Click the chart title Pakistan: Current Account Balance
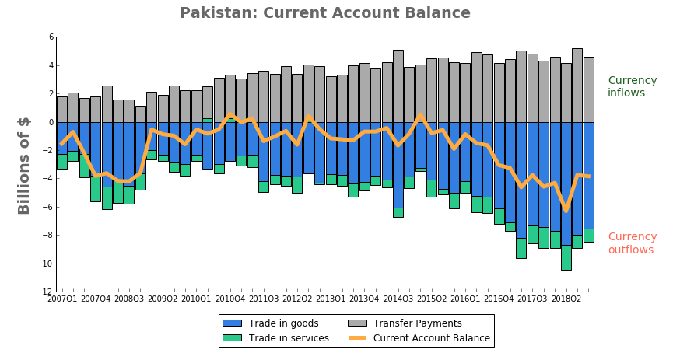click(324, 13)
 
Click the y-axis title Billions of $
click(24, 166)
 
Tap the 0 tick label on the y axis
click(50, 122)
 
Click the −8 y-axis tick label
click(47, 236)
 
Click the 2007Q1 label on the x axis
click(62, 299)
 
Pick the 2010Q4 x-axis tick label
click(230, 299)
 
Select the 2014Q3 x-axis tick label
click(398, 299)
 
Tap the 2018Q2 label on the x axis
click(566, 299)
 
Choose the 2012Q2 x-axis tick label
click(297, 299)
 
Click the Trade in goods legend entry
click(273, 323)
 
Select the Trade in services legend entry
click(276, 338)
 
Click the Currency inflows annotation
click(632, 86)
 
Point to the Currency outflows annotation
click(632, 243)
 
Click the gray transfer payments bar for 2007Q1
click(62, 110)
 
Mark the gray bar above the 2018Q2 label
click(566, 93)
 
